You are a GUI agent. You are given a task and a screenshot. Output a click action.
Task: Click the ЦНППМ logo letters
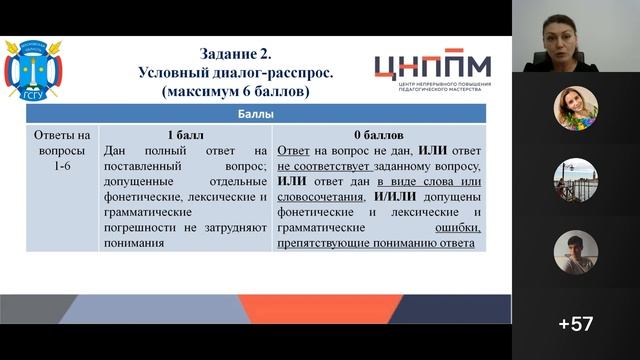coord(432,66)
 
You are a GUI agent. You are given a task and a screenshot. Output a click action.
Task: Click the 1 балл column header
coord(184,133)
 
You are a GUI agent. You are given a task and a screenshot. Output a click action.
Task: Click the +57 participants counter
coord(576,324)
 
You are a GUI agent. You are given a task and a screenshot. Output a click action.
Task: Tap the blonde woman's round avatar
coord(576,108)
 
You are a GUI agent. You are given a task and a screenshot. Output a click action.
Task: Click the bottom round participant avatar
coord(576,252)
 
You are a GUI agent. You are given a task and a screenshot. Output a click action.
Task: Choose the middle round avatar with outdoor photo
coord(576,180)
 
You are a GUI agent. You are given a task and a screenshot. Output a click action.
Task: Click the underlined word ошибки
coord(457,228)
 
